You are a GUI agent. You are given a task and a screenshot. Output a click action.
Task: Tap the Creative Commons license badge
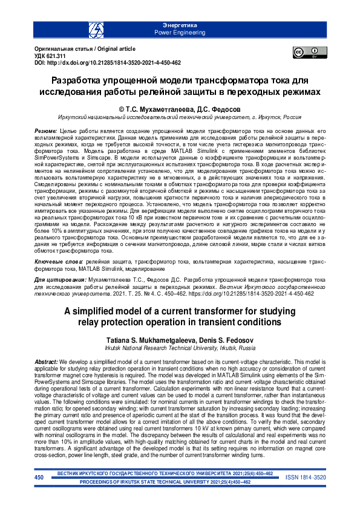coord(306,53)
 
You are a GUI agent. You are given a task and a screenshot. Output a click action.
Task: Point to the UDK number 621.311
coord(59,55)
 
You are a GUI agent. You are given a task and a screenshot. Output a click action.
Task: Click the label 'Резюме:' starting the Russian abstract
coord(45,131)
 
